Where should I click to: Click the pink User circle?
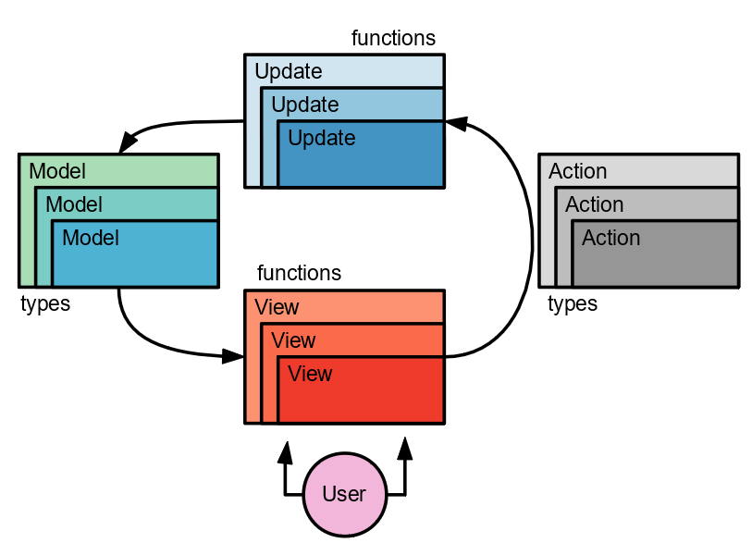(x=344, y=494)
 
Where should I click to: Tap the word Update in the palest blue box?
(x=288, y=71)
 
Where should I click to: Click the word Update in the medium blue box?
(x=304, y=105)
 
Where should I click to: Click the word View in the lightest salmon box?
(x=277, y=307)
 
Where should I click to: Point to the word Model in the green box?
(x=57, y=171)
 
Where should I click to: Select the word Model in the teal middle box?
(x=74, y=204)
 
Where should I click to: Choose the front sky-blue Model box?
(x=135, y=254)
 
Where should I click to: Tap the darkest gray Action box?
(x=655, y=254)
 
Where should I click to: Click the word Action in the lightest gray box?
(x=577, y=171)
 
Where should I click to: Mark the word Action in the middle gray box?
(x=594, y=204)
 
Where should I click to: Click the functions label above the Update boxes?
(x=393, y=38)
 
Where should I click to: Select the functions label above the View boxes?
(x=299, y=273)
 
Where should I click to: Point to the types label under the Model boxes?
(x=45, y=303)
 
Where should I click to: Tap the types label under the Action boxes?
(x=573, y=303)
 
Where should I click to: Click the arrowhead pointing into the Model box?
(x=129, y=142)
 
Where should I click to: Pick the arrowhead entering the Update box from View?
(x=456, y=122)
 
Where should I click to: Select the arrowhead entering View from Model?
(x=234, y=356)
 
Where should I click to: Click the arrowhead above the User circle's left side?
(x=285, y=451)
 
